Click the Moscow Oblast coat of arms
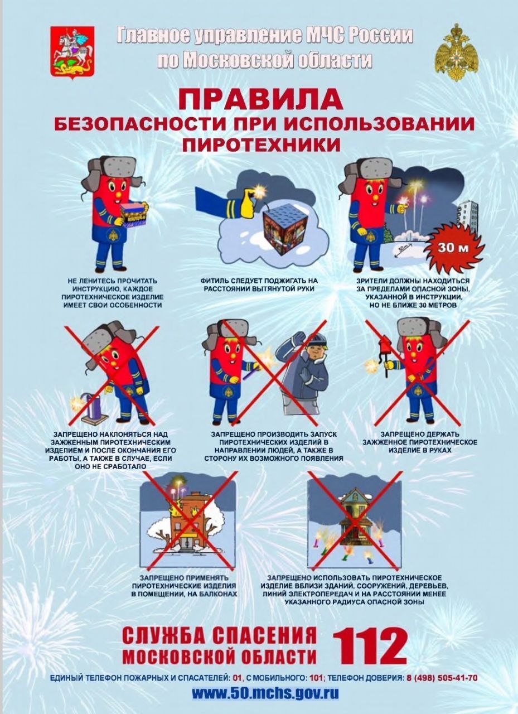(x=72, y=52)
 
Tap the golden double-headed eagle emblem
(x=457, y=52)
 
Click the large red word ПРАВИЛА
(x=260, y=99)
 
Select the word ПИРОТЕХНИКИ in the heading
(x=261, y=145)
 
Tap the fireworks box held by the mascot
(x=134, y=215)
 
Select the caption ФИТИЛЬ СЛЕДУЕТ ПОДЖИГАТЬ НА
(x=259, y=281)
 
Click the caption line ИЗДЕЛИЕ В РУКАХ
(x=419, y=450)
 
